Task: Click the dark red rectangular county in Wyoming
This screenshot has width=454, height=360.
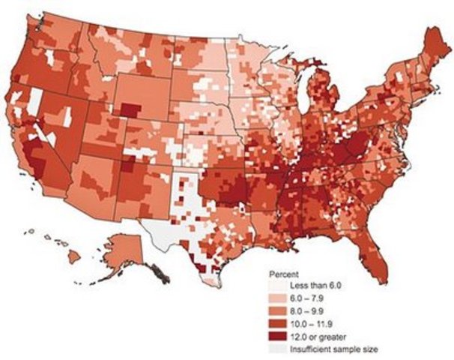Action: [x=129, y=111]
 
